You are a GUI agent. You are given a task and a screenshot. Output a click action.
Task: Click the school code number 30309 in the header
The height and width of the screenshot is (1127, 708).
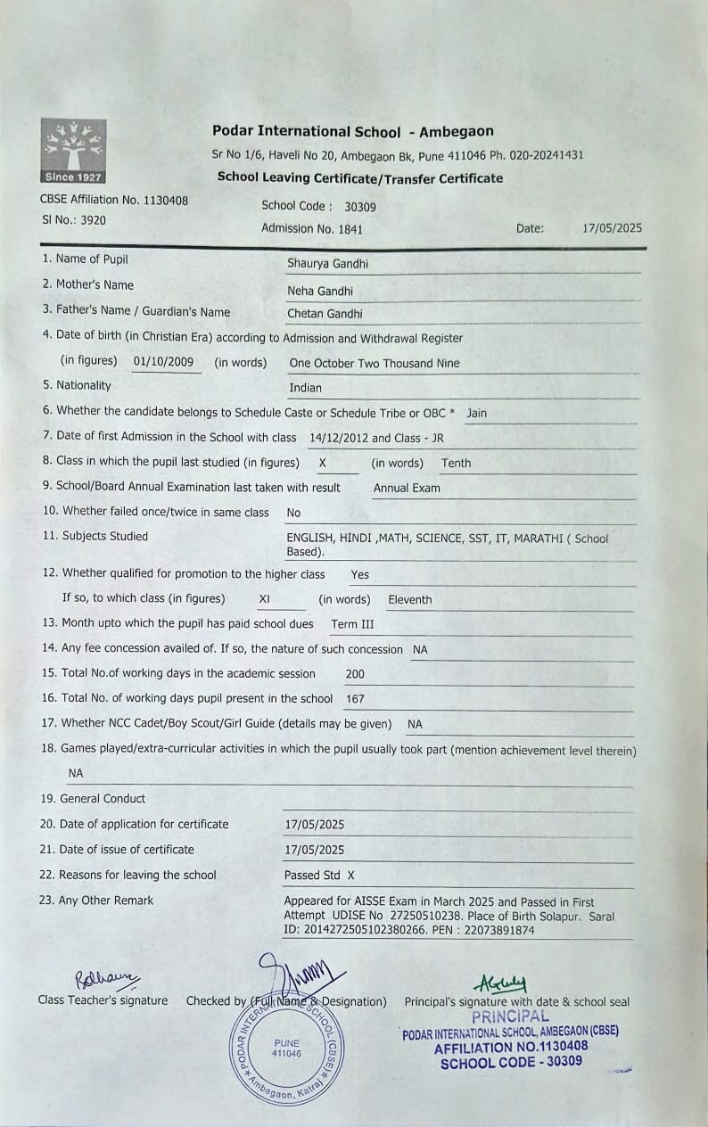(x=360, y=207)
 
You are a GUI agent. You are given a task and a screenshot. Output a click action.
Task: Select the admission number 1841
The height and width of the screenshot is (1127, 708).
(x=350, y=229)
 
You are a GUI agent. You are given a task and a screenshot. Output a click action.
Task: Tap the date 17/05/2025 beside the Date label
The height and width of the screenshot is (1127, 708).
(x=612, y=228)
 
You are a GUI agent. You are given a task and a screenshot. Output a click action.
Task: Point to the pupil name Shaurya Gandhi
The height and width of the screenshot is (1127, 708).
(x=327, y=264)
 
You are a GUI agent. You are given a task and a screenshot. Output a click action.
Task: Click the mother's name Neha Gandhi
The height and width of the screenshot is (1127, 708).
(x=320, y=291)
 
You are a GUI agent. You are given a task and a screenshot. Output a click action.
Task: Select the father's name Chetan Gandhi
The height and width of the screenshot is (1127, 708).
(x=325, y=314)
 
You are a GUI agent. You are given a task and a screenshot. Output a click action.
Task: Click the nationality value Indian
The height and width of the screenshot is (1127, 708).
(x=305, y=388)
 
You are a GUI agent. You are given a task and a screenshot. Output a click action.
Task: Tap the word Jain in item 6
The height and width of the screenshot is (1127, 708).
(x=476, y=414)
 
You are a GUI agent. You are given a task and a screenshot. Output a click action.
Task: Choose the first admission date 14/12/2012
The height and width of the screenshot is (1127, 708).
(x=338, y=438)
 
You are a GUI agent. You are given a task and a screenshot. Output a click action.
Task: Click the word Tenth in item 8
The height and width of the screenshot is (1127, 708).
(x=456, y=463)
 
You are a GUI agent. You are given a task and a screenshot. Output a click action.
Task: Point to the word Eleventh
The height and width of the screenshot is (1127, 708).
(x=410, y=600)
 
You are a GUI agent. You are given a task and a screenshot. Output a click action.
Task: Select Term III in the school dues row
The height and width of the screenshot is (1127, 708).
(x=353, y=624)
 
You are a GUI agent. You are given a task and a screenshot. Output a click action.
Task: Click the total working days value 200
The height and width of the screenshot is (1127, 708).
(x=355, y=674)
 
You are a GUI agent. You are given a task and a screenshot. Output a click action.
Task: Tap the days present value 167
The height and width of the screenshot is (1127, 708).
(x=355, y=699)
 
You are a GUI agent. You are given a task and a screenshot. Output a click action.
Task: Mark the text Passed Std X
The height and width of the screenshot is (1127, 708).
(x=319, y=876)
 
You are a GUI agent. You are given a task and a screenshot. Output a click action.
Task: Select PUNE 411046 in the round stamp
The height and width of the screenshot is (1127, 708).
(x=287, y=1049)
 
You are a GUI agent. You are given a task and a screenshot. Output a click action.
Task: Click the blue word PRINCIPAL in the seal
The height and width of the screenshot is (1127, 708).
(x=510, y=1016)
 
